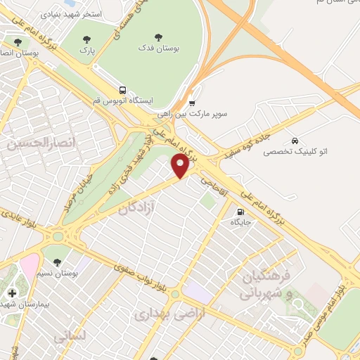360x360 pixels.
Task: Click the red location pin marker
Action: [x=180, y=166]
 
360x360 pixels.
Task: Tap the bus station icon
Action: [x=123, y=90]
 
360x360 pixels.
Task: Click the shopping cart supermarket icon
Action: [x=192, y=103]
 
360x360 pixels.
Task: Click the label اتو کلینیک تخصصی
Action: [x=295, y=151]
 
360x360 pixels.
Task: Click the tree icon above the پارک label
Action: [x=86, y=40]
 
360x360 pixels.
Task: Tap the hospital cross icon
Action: [x=11, y=292]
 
